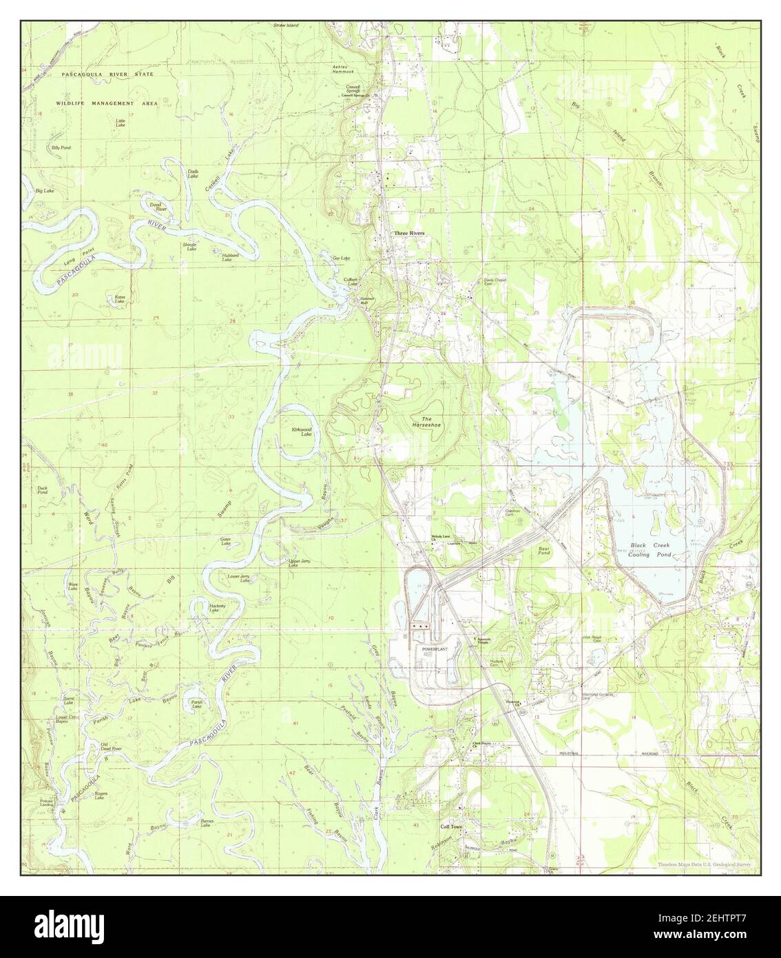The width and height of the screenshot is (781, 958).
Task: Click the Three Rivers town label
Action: (409, 234)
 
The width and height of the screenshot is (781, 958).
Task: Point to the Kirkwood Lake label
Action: (302, 432)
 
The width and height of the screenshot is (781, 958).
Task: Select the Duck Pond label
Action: (43, 491)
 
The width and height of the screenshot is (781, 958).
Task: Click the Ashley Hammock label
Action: (342, 70)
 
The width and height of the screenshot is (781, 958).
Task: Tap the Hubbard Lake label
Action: (230, 257)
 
